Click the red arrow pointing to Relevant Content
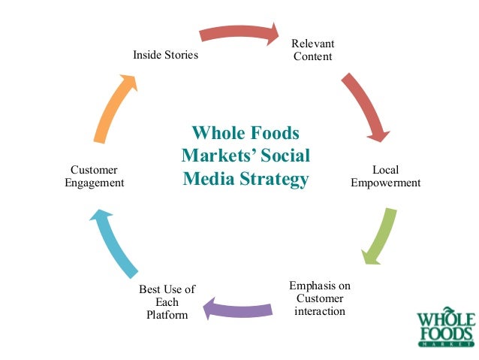click(x=239, y=33)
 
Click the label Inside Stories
click(x=165, y=55)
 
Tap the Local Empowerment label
click(x=386, y=176)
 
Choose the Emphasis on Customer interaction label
click(x=320, y=298)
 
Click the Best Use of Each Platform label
click(x=167, y=301)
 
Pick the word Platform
click(x=167, y=314)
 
